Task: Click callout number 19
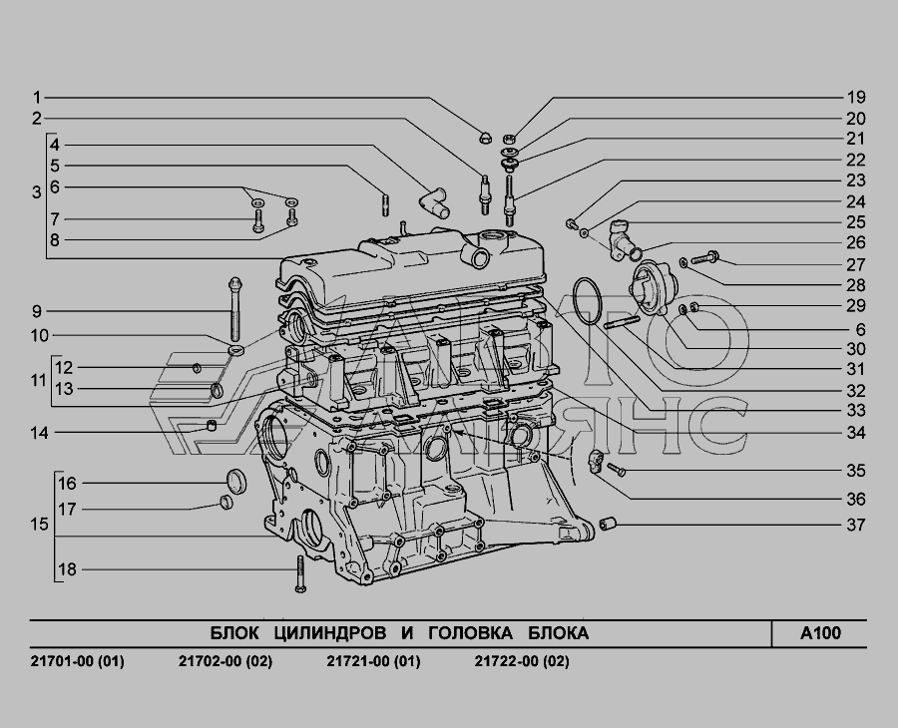coord(856,98)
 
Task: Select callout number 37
coord(856,525)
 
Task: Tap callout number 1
coord(37,98)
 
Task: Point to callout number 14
coord(39,433)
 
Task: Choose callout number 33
coord(856,411)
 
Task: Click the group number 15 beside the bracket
coord(39,525)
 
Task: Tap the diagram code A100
coord(820,633)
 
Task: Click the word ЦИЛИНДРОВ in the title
coord(329,633)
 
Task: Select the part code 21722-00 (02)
coord(522,661)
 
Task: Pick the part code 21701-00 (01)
coord(77,661)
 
